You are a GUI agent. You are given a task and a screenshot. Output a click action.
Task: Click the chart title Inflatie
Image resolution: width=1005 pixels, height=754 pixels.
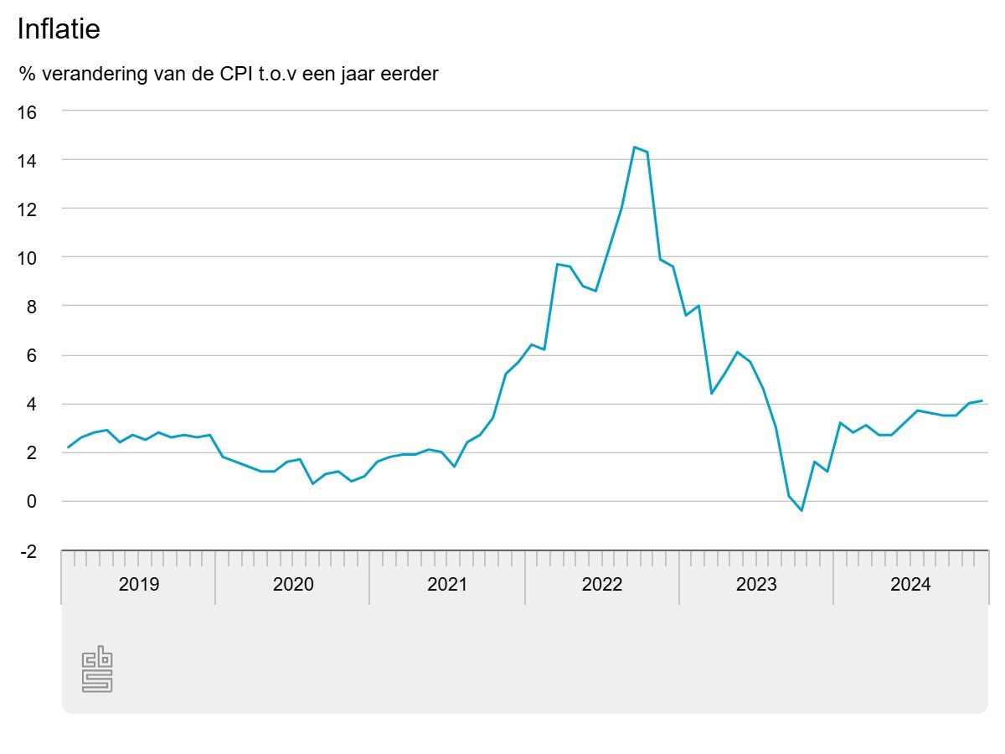point(59,29)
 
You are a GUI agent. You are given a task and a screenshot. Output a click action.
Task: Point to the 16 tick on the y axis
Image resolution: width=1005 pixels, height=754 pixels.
point(28,111)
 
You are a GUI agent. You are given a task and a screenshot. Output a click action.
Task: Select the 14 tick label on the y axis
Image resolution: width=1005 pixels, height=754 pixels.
point(28,160)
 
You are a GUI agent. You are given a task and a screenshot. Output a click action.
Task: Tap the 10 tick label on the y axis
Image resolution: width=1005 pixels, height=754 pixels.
point(28,258)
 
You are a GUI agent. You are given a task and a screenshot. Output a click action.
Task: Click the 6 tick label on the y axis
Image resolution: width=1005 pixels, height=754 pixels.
point(33,355)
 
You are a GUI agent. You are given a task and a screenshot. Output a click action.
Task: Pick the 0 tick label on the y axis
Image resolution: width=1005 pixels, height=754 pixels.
point(33,502)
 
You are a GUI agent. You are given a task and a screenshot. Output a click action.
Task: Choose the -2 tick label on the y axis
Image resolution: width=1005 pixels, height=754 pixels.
point(28,551)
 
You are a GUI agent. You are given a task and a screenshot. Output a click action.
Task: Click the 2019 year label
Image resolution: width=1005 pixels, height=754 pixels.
point(138,584)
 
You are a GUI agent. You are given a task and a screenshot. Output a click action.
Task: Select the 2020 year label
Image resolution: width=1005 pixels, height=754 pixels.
point(292,584)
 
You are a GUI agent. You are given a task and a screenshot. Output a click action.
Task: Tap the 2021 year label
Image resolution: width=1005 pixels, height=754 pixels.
point(447,584)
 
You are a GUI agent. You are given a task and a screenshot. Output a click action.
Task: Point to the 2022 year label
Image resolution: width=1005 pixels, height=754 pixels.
point(601,584)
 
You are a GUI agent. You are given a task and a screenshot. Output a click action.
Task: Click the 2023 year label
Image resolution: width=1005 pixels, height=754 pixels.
point(756,584)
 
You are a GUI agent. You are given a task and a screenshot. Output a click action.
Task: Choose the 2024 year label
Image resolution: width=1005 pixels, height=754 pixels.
point(910,584)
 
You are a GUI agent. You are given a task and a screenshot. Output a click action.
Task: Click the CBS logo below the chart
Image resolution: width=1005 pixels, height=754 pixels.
point(97,669)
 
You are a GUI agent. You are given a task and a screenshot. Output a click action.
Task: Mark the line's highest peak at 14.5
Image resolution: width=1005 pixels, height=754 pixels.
point(635,147)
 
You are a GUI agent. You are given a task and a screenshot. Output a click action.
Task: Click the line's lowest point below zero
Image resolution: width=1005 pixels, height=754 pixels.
point(801,510)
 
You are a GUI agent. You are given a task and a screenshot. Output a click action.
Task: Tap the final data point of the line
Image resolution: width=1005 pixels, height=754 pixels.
point(982,400)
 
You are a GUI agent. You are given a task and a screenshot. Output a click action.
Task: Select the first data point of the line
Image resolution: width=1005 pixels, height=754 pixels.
point(68,447)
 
